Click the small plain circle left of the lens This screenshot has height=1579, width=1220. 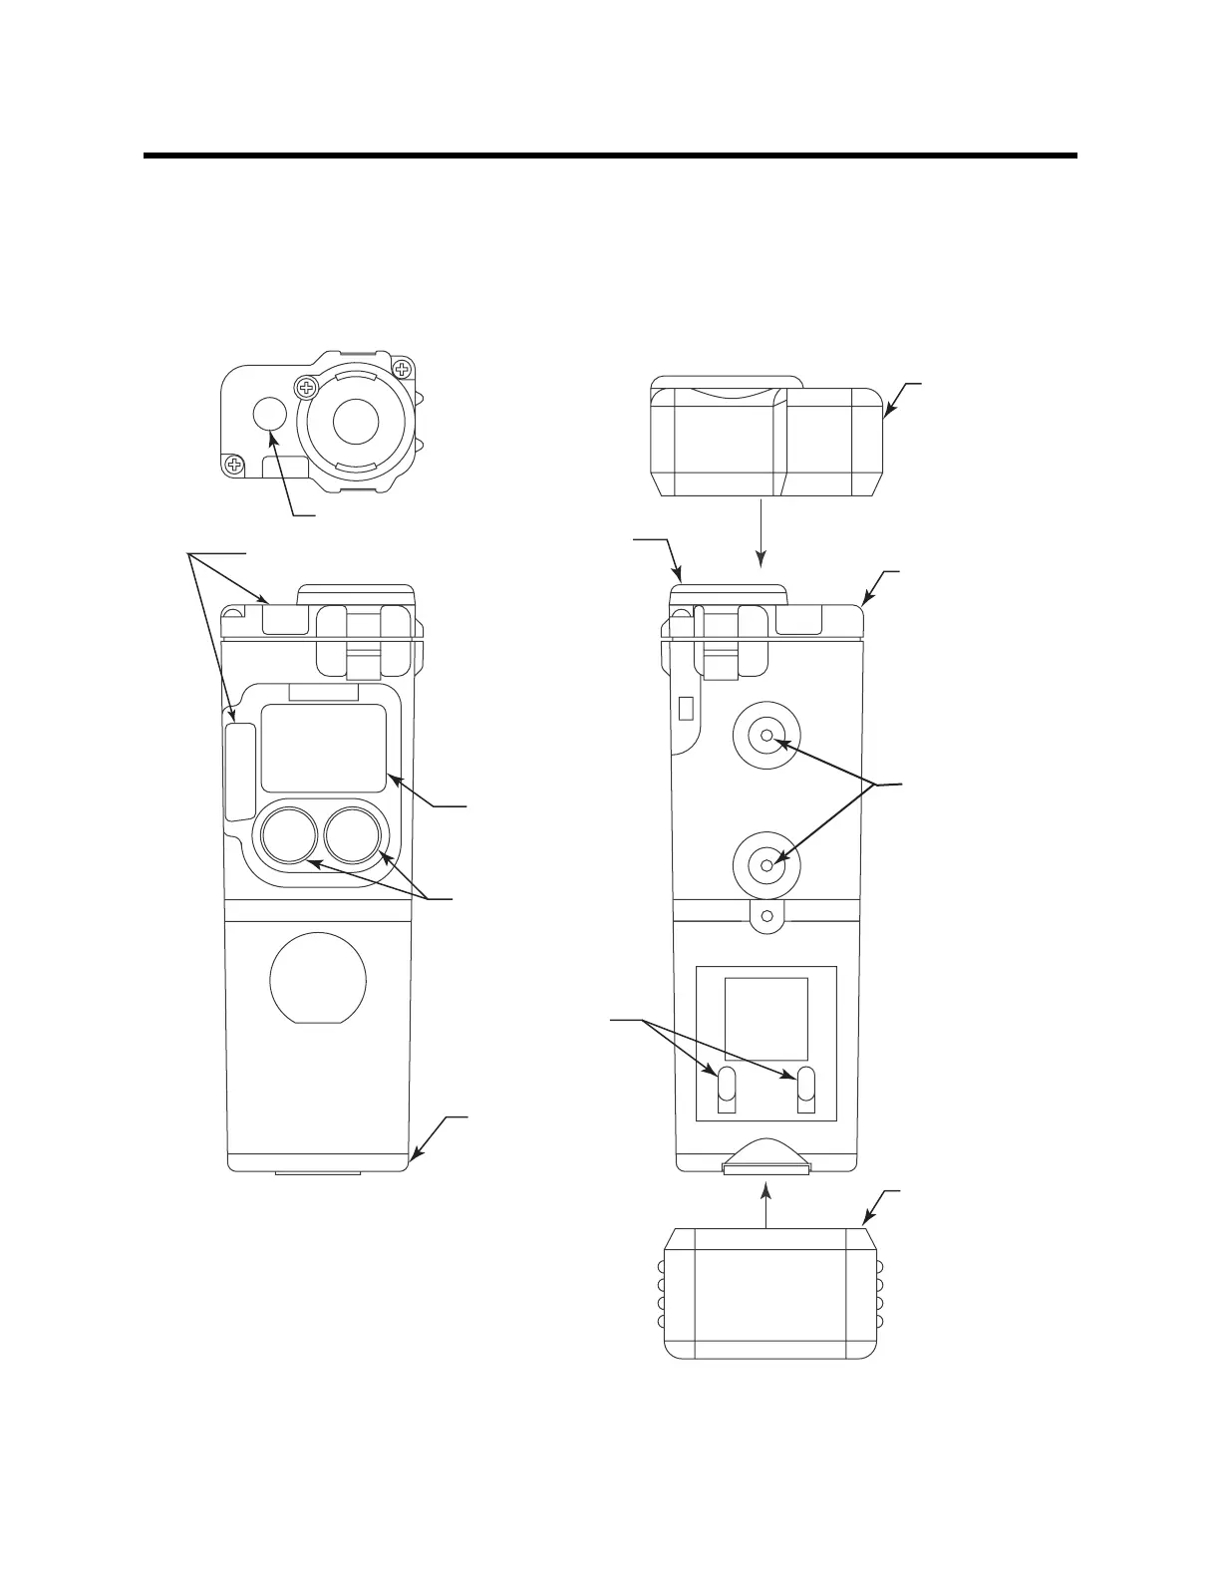click(x=269, y=415)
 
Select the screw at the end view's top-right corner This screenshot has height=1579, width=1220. click(x=403, y=370)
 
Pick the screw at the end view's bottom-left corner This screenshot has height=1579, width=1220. click(x=234, y=464)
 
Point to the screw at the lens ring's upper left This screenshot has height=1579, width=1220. click(x=306, y=386)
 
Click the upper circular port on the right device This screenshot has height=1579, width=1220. click(x=766, y=737)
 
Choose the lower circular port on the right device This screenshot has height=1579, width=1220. click(x=766, y=865)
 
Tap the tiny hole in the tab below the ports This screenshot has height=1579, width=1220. click(x=766, y=915)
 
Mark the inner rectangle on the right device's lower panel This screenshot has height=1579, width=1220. click(x=765, y=1019)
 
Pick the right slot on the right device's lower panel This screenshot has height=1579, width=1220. click(x=806, y=1090)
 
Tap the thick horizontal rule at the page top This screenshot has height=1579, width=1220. click(x=610, y=156)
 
